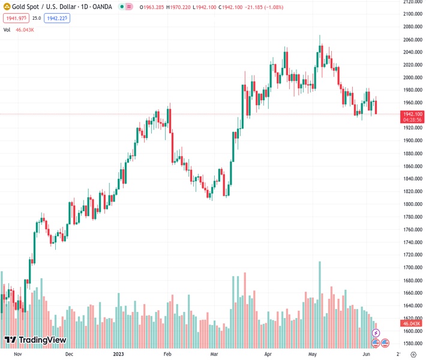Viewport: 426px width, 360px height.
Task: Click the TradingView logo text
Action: [x=42, y=340]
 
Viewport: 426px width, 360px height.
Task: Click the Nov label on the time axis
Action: [x=17, y=354]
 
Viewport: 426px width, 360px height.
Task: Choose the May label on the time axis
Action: [x=313, y=354]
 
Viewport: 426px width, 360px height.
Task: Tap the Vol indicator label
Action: [x=7, y=29]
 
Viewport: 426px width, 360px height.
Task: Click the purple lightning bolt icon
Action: [x=376, y=332]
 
